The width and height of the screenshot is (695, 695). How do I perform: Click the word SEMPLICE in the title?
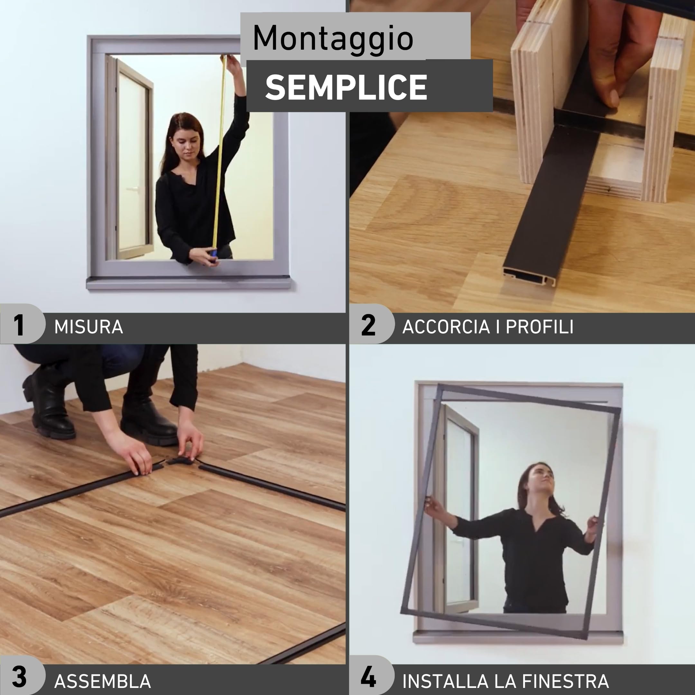[x=346, y=88]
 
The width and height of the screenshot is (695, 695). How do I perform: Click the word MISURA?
[x=88, y=327]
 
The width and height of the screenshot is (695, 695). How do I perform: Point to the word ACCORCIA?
[x=446, y=327]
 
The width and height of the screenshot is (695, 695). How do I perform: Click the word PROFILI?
[x=540, y=327]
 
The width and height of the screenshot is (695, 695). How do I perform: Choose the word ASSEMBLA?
[x=103, y=681]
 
